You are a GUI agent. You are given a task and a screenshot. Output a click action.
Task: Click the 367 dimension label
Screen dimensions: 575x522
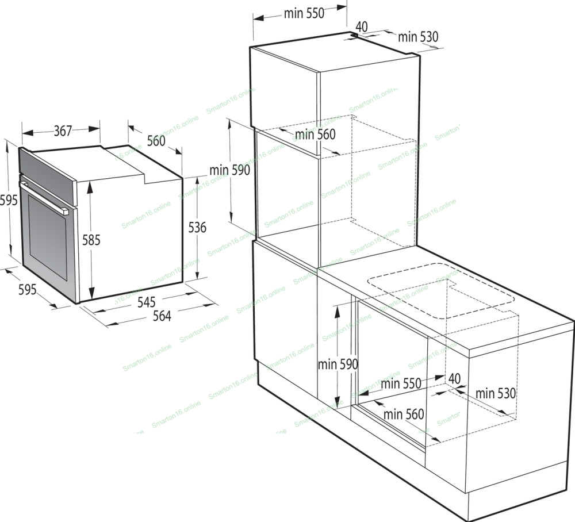pos(63,131)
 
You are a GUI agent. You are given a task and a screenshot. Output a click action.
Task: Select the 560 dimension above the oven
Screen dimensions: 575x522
pos(156,140)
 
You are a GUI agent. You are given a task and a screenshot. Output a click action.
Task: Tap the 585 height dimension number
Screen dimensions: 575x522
pos(91,240)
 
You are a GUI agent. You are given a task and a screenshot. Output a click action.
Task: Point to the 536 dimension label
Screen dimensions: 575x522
pos(197,227)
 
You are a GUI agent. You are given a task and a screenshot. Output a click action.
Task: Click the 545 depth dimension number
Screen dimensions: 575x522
pos(147,302)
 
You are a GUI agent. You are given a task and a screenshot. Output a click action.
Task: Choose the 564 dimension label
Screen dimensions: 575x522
pos(162,316)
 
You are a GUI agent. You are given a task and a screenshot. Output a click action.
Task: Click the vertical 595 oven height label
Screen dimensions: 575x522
pos(9,200)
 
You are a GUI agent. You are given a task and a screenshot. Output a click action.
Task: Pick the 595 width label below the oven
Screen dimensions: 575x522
pos(28,290)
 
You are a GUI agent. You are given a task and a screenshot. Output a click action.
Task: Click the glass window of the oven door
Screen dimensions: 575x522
pos(48,237)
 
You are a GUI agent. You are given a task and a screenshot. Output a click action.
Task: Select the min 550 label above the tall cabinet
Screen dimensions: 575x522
pos(304,14)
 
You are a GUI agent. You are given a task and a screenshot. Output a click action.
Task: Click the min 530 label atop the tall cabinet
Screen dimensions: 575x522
pos(418,37)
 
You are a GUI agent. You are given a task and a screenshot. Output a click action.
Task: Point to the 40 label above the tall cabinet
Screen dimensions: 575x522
pos(362,27)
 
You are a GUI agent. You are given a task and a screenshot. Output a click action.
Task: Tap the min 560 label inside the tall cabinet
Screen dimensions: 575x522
pos(315,135)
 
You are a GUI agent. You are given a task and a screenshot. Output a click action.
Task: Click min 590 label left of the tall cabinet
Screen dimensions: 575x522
pos(230,170)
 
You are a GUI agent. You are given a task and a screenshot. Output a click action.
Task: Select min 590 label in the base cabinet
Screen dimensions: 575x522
pos(338,364)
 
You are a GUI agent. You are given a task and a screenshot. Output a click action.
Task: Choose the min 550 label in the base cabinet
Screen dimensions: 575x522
pos(401,384)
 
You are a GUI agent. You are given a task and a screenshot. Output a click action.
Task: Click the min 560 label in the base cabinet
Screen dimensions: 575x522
pos(404,414)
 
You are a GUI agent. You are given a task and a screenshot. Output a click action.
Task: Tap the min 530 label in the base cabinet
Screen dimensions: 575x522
pos(496,393)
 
